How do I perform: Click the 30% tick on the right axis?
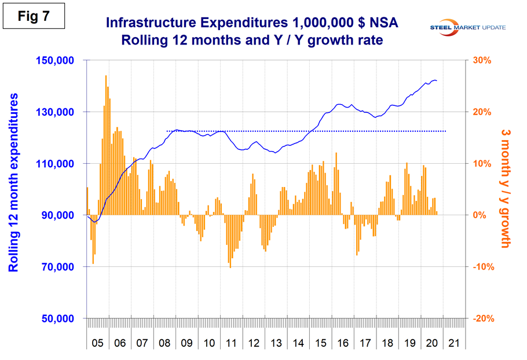pyautogui.click(x=485, y=61)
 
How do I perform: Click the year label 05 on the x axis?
pyautogui.click(x=97, y=343)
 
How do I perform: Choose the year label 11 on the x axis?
pyautogui.click(x=230, y=343)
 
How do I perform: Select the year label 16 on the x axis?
pyautogui.click(x=342, y=343)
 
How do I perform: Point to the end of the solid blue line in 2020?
pyautogui.click(x=437, y=81)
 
